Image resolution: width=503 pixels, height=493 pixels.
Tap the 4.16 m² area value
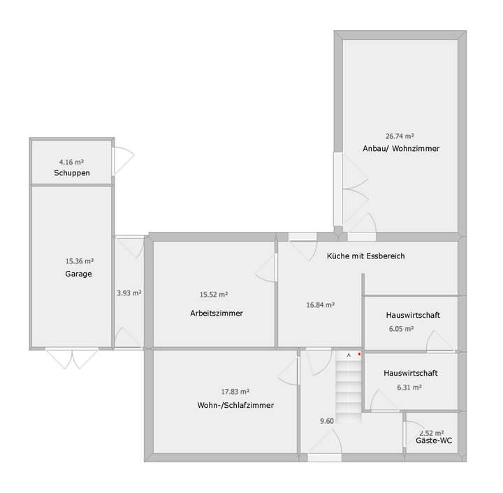click(x=71, y=162)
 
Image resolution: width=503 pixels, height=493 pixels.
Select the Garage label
click(x=78, y=274)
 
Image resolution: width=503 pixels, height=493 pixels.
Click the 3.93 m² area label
click(x=129, y=293)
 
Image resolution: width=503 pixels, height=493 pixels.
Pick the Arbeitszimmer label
click(x=217, y=314)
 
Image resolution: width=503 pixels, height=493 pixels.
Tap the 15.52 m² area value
click(x=214, y=295)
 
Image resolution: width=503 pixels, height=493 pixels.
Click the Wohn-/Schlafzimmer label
click(x=235, y=405)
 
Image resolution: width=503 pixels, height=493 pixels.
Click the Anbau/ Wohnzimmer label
click(x=401, y=148)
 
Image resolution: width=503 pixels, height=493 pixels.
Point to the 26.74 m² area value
click(x=400, y=136)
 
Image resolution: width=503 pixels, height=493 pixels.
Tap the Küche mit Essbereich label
click(x=365, y=256)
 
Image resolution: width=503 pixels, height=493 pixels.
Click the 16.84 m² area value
click(x=320, y=304)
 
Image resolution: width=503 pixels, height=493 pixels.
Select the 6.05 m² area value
click(x=401, y=328)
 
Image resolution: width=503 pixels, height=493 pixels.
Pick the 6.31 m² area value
click(x=409, y=386)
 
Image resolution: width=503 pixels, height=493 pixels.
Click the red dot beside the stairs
click(x=359, y=355)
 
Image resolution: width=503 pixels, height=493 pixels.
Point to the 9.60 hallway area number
click(x=327, y=420)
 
